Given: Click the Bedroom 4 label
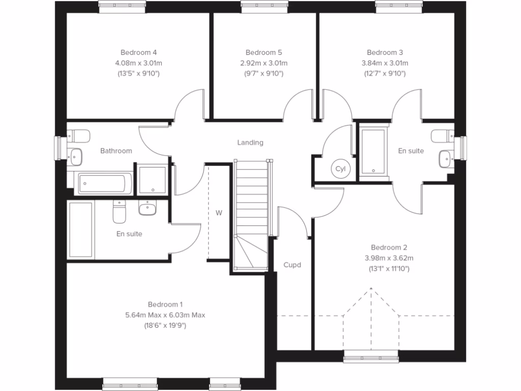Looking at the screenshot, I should pos(138,52).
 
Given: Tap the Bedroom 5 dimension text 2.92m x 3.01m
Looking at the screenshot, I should pos(264,63).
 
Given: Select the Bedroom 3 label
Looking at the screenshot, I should pos(385,52).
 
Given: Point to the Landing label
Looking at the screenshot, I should pos(250,143).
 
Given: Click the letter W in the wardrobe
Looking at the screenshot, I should pos(219,213).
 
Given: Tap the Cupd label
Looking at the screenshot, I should pos(292,265).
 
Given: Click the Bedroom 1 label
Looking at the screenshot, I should pos(165,304).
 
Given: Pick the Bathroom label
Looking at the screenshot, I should pos(116,151).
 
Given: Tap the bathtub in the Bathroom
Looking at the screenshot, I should pos(103,183).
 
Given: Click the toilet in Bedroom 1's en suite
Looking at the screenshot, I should pos(119,212).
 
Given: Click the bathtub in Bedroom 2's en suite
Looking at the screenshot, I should pos(374,151).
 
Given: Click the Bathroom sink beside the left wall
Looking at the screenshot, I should pos(76,156).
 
